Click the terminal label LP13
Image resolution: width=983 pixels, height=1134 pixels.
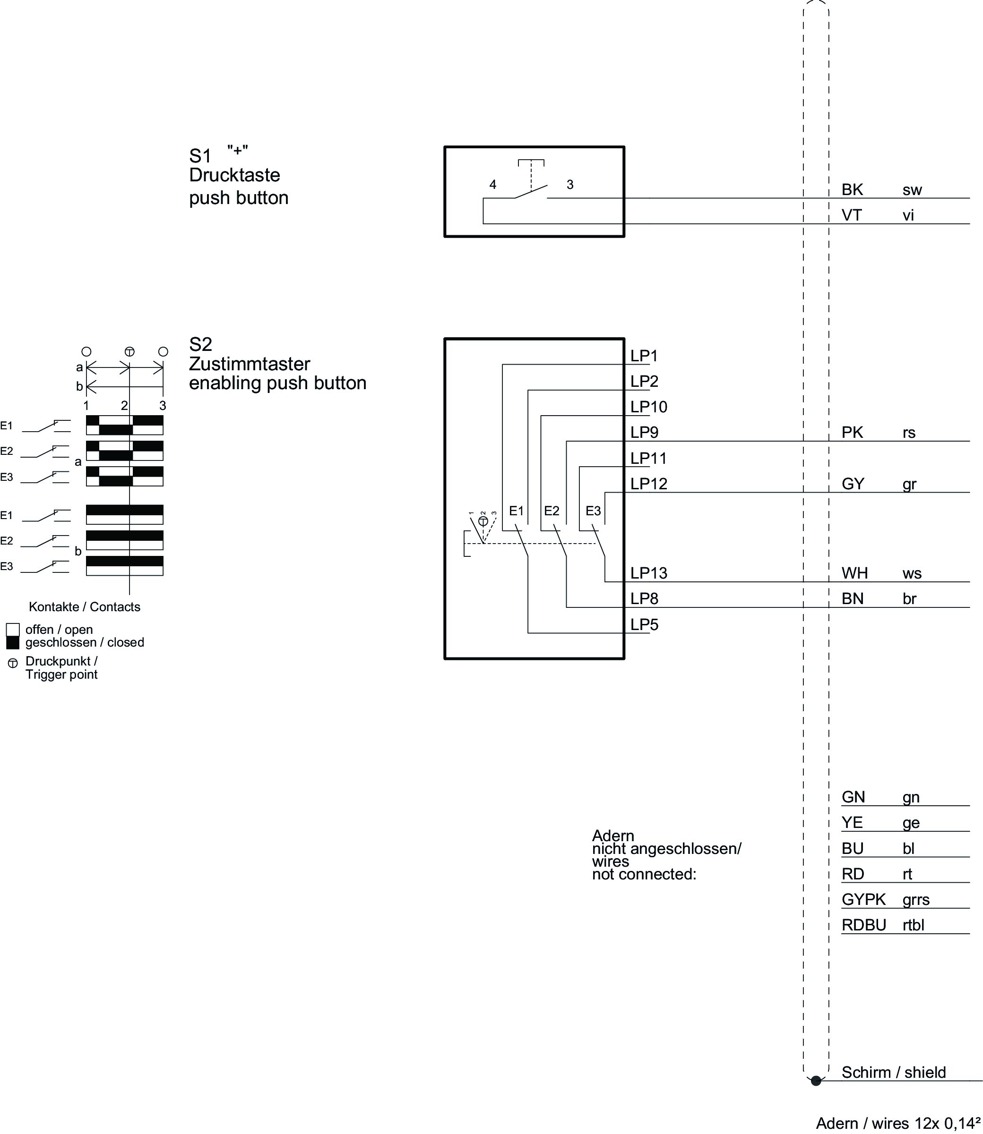pyautogui.click(x=648, y=573)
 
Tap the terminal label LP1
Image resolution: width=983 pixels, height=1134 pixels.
pyautogui.click(x=644, y=356)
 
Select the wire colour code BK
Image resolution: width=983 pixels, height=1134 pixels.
pyautogui.click(x=853, y=190)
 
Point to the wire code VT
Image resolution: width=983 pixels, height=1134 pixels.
pyautogui.click(x=852, y=215)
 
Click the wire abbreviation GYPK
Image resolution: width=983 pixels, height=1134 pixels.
pyautogui.click(x=863, y=899)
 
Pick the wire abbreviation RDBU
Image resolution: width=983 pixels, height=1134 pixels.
pyautogui.click(x=864, y=925)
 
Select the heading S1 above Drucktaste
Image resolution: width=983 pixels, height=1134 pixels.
pyautogui.click(x=200, y=157)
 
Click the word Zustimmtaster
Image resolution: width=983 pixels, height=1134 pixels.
pyautogui.click(x=250, y=364)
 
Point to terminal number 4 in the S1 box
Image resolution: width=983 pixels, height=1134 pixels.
pyautogui.click(x=492, y=185)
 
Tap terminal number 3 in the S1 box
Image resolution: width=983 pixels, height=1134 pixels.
pyautogui.click(x=570, y=185)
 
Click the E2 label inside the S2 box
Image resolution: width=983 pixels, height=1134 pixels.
pyautogui.click(x=552, y=511)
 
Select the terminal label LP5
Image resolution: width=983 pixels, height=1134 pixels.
pyautogui.click(x=644, y=625)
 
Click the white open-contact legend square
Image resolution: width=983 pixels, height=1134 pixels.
pyautogui.click(x=13, y=629)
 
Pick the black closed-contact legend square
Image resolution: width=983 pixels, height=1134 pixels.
pyautogui.click(x=13, y=642)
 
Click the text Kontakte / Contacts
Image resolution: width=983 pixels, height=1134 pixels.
pyautogui.click(x=85, y=607)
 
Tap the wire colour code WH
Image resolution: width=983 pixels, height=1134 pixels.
pyautogui.click(x=854, y=573)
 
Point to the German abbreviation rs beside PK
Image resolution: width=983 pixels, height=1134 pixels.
pyautogui.click(x=909, y=433)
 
